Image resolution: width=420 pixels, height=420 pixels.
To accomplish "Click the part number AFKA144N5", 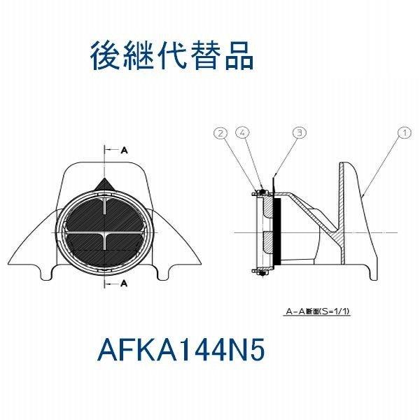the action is click(181, 349).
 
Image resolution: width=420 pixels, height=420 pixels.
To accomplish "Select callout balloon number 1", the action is click(405, 132).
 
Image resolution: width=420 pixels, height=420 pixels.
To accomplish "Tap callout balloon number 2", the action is click(220, 132).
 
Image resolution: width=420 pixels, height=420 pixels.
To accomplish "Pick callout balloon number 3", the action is click(300, 132).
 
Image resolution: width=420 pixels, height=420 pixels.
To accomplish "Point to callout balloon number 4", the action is click(242, 132).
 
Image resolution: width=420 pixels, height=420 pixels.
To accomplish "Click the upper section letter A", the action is click(124, 150).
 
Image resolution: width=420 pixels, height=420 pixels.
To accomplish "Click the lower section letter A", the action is click(124, 283).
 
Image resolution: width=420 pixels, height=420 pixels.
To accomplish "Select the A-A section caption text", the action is click(317, 311).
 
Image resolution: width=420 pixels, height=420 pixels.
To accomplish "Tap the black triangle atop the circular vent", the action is click(104, 185).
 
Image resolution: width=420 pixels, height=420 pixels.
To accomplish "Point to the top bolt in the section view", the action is click(262, 192).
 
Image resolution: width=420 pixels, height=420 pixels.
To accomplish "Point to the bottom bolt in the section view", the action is click(262, 273).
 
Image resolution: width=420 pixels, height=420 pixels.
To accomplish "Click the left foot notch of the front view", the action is click(47, 272).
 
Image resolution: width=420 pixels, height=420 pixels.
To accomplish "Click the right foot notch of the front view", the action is click(164, 272).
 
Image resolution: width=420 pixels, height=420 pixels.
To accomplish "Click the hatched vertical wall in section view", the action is click(342, 212).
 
